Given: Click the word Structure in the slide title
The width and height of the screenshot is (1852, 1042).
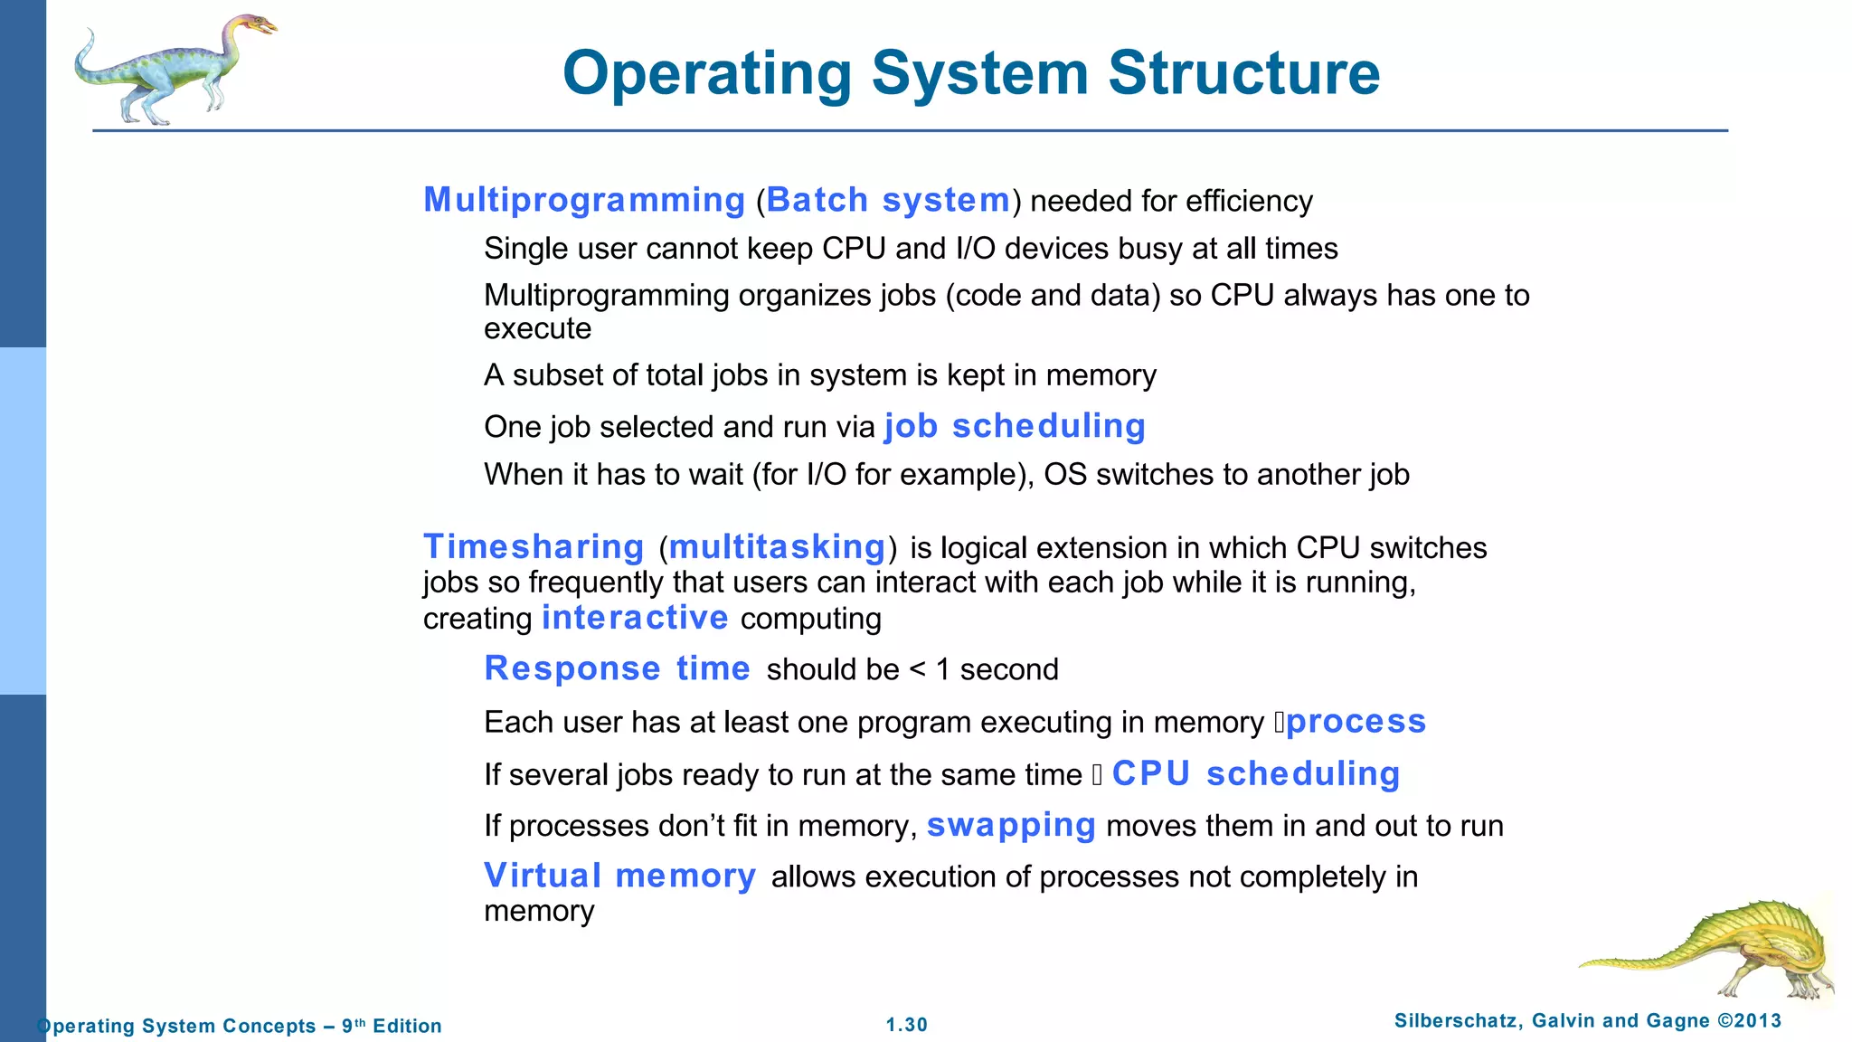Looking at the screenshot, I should click(1243, 72).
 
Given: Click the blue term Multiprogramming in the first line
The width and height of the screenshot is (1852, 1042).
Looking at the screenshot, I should click(584, 200).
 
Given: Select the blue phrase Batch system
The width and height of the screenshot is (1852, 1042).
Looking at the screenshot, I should click(888, 200).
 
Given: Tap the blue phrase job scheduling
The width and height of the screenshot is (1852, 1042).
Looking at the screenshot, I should click(1015, 426).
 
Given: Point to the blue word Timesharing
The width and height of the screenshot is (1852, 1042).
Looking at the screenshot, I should click(534, 547).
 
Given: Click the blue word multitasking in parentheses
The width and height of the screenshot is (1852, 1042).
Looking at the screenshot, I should click(777, 547).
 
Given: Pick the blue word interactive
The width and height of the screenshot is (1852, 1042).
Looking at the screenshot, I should click(635, 618).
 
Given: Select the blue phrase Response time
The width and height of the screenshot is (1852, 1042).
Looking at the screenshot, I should click(617, 668).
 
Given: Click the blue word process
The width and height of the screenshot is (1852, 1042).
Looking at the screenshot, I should click(1356, 721).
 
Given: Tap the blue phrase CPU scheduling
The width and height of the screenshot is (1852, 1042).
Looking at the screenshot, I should click(1256, 773).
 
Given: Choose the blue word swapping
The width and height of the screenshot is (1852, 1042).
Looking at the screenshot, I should click(1011, 825).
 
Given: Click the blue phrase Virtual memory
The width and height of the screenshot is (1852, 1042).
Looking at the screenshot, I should click(619, 876).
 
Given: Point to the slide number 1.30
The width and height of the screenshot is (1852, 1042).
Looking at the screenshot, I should click(906, 1025).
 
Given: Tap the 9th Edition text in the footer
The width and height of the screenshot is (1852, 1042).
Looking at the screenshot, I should click(392, 1026).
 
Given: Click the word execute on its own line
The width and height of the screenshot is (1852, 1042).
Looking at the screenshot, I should click(537, 328).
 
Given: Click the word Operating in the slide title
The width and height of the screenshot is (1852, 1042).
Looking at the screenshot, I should click(707, 72).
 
